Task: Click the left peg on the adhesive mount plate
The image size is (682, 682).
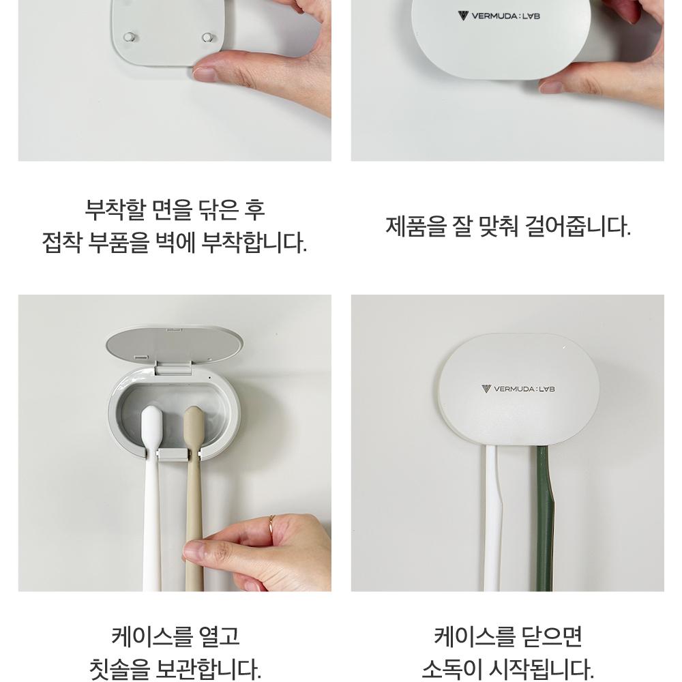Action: tap(129, 37)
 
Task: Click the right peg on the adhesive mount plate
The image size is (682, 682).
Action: tap(208, 38)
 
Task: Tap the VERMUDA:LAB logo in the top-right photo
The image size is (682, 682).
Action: tap(499, 16)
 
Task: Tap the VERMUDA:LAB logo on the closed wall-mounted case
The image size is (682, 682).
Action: tap(518, 389)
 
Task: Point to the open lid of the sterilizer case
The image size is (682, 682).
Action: tap(175, 346)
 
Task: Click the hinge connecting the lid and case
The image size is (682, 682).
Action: tap(174, 369)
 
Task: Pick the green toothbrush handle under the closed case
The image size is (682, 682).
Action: tap(543, 518)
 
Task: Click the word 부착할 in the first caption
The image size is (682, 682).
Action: tap(113, 210)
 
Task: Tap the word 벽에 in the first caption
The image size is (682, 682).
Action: tap(175, 243)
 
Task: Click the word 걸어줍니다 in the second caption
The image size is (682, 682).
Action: tap(578, 226)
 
